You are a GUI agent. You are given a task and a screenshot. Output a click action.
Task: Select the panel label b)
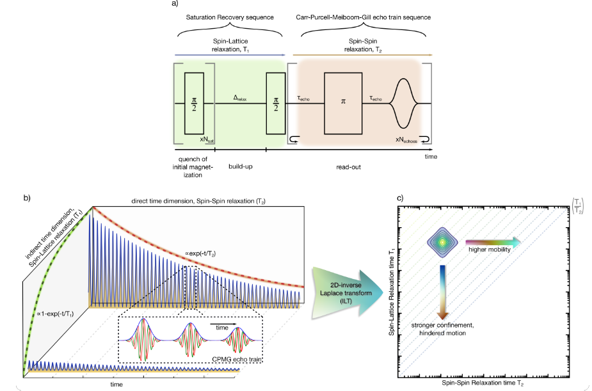[x=27, y=197]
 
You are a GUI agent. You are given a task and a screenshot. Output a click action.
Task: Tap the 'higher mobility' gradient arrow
[x=493, y=242]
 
